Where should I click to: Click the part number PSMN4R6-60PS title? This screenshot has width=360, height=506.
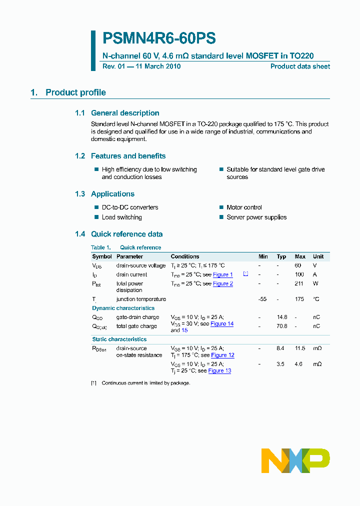click(x=159, y=38)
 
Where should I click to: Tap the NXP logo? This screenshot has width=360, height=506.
click(x=295, y=460)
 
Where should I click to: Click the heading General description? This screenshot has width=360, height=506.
click(x=125, y=113)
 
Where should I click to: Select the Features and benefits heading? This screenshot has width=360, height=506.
click(x=128, y=156)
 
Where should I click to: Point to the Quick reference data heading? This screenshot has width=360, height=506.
click(x=126, y=234)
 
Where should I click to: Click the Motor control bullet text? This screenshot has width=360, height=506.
click(x=244, y=207)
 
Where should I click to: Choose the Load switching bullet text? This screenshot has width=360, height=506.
click(x=121, y=217)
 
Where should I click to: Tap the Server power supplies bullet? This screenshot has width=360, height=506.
click(x=256, y=217)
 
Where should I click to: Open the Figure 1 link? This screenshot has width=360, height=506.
click(x=223, y=274)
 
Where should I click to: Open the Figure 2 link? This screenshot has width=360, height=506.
click(x=223, y=283)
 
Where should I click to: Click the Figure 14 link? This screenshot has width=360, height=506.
click(x=222, y=324)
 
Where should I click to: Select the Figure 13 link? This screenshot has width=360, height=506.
click(x=219, y=371)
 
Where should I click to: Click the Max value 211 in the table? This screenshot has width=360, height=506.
click(x=299, y=283)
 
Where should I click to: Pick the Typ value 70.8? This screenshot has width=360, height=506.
click(x=281, y=326)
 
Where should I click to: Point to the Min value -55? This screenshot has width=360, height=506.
click(x=262, y=299)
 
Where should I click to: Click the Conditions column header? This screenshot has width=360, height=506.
click(x=185, y=256)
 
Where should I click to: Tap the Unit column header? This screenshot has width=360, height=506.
click(x=318, y=256)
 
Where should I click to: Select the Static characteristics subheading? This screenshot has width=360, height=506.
click(x=119, y=339)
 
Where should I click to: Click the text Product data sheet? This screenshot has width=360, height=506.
click(x=300, y=66)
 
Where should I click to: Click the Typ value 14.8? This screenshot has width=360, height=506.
click(x=281, y=317)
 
